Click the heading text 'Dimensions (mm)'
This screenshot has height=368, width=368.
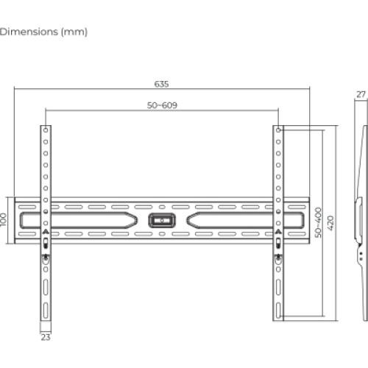coord(43,32)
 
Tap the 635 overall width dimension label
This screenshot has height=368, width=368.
coord(160,82)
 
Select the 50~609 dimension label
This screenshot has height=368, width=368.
coord(162,105)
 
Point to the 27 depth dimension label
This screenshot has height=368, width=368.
coord(360,94)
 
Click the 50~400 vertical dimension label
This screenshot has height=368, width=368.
coord(317,222)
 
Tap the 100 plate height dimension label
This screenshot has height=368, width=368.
coord(4,219)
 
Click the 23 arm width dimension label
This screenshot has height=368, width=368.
coord(46,338)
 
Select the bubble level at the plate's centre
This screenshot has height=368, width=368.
coord(162,219)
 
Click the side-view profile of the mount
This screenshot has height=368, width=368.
coord(360,221)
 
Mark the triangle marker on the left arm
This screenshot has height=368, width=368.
coord(46,233)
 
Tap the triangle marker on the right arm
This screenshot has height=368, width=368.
coord(278,233)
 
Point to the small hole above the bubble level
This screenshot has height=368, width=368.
coord(162,206)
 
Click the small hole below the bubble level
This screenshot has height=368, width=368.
coord(162,233)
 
